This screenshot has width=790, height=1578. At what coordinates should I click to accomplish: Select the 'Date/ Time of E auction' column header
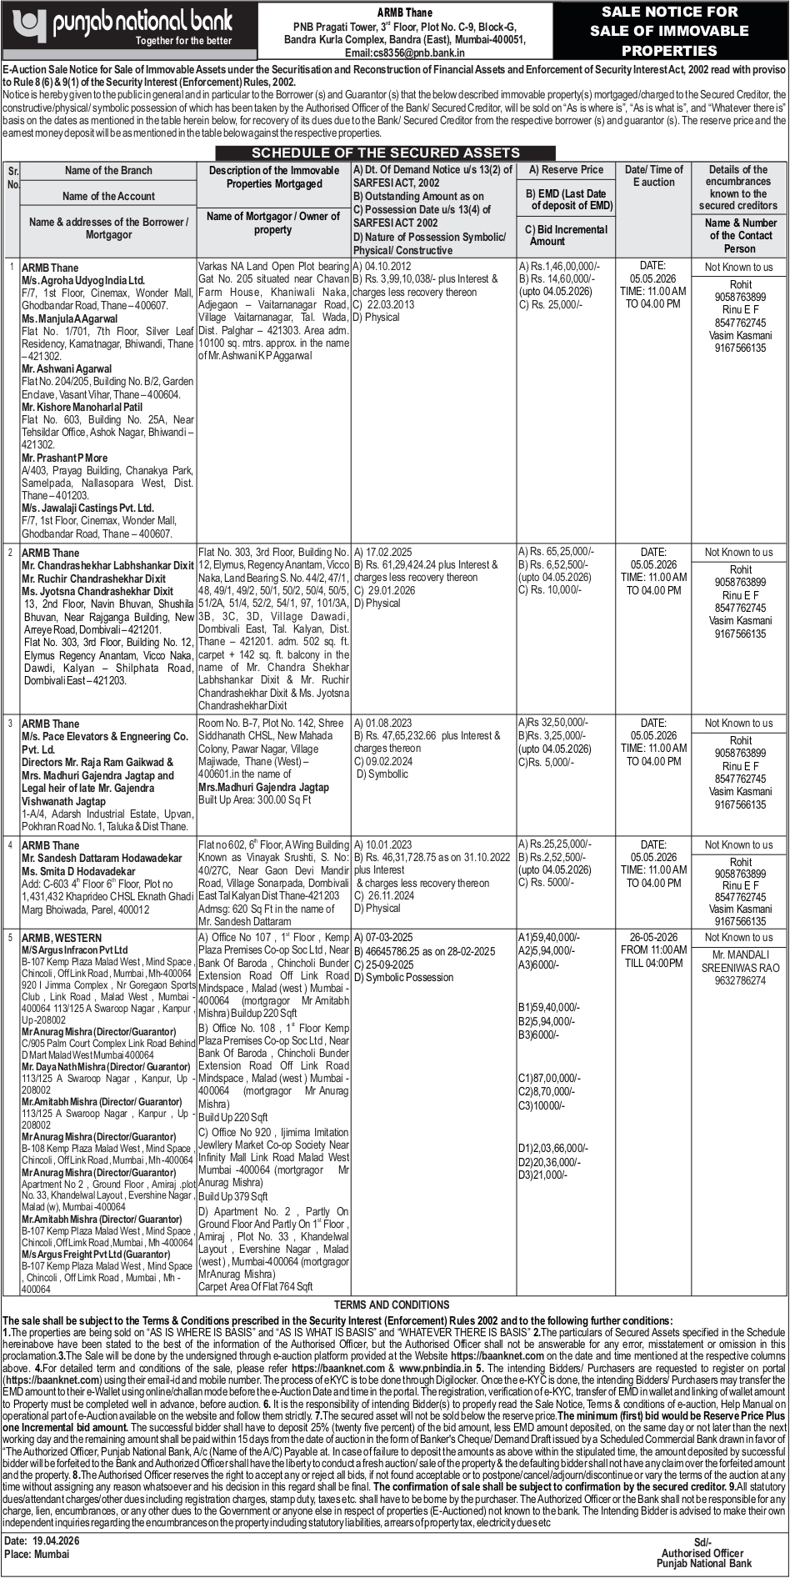point(654,176)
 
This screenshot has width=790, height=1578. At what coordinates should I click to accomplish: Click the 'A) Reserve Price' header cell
point(565,169)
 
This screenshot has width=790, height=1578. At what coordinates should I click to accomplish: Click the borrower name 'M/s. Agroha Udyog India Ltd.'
point(83,281)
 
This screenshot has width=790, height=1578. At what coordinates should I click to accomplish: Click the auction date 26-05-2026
point(654,937)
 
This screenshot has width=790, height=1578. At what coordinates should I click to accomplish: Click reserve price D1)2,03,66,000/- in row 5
point(554,1148)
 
